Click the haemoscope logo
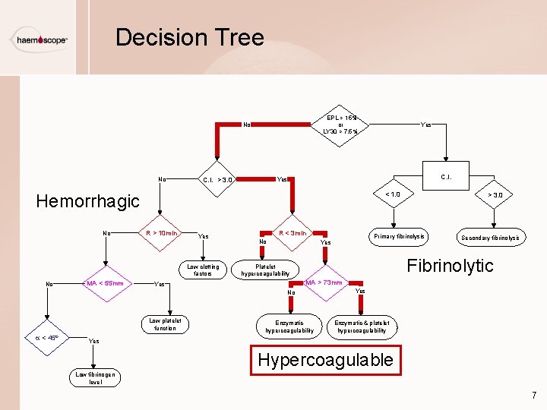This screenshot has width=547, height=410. tap(40, 39)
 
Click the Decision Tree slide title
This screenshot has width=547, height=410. tap(189, 37)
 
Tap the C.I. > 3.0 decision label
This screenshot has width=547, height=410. tap(218, 180)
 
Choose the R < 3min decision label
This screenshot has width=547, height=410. tap(292, 233)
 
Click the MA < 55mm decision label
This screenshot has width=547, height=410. tap(106, 283)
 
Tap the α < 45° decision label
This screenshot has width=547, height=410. tap(47, 338)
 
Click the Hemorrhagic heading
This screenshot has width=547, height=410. tap(88, 201)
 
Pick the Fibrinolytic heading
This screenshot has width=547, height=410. tap(450, 265)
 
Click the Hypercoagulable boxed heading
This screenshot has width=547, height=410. tap(325, 359)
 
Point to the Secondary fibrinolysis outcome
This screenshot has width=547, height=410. tap(490, 238)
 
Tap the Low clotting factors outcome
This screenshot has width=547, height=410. tap(203, 270)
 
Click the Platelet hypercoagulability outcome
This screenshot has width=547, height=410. tap(265, 270)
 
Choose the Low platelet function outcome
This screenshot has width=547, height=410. tap(165, 324)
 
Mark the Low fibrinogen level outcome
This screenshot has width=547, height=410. tap(95, 377)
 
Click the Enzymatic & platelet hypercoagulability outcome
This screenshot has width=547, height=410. tap(361, 326)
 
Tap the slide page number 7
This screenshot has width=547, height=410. tap(534, 395)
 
